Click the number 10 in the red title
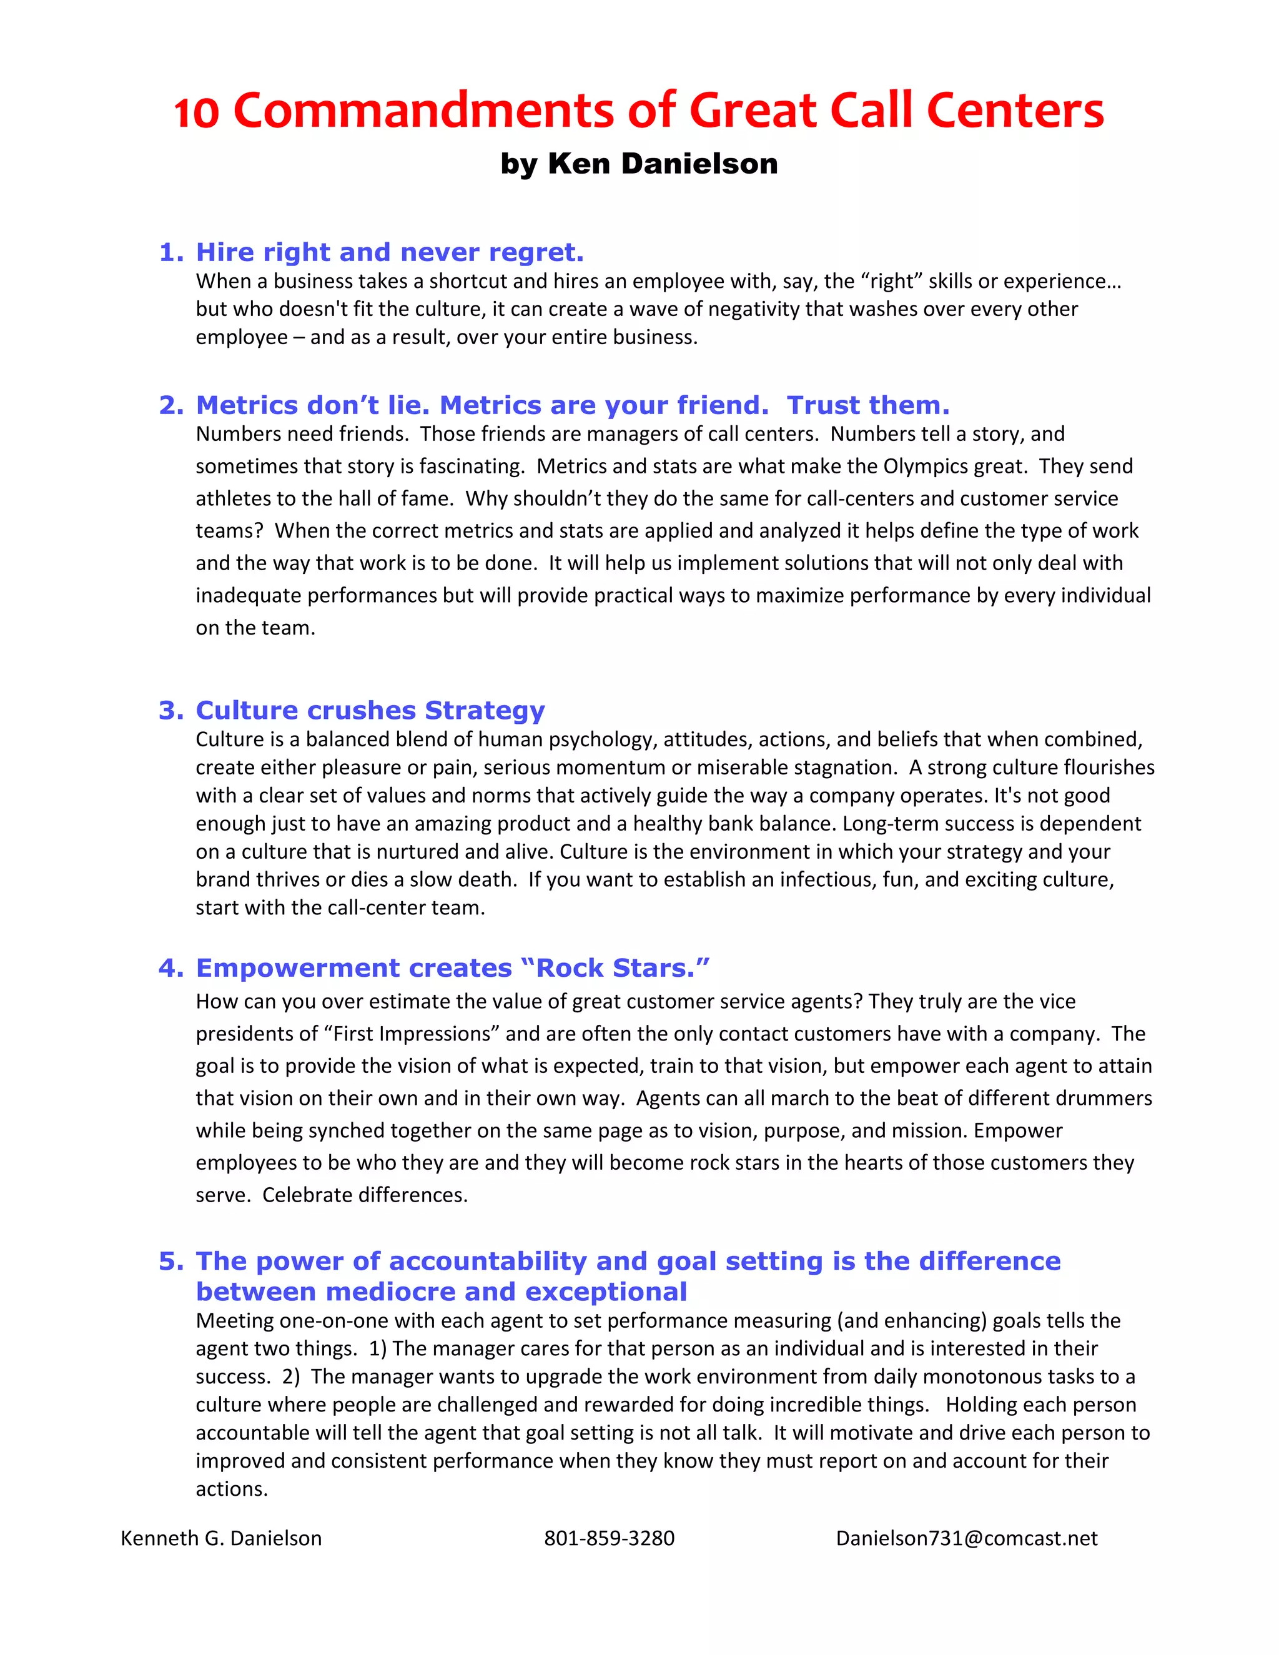point(196,112)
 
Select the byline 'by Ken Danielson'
point(639,164)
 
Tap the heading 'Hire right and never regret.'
point(390,252)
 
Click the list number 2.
point(170,405)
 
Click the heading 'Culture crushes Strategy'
point(370,711)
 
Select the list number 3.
point(170,711)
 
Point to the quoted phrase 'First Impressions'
point(412,1034)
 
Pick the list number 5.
point(170,1262)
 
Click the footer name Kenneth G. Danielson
point(221,1538)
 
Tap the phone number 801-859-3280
point(609,1538)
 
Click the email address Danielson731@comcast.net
point(966,1538)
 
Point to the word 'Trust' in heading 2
point(823,405)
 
